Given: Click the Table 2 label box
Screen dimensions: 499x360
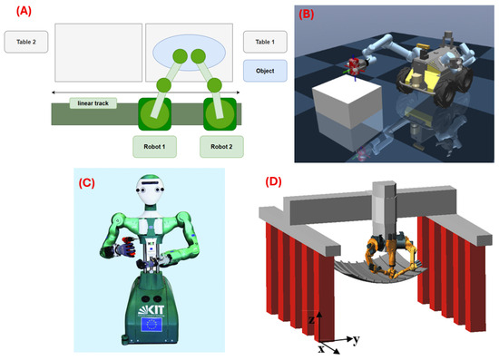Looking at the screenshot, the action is pos(26,42).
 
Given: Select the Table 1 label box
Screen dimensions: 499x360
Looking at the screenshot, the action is pos(265,42).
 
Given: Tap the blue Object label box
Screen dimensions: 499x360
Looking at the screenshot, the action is pos(265,71).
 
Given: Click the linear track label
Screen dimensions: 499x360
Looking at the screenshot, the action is pos(93,103).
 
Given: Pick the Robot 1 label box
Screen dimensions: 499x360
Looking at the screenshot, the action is pos(154,147).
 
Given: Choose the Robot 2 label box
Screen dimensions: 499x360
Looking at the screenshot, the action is pos(221,147).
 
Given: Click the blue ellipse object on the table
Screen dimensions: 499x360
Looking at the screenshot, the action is pos(189,53).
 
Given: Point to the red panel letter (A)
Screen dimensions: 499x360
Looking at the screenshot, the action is pos(24,11).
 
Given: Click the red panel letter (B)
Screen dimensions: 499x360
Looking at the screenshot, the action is pos(306,15).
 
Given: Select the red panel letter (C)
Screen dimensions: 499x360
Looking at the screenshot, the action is pos(86,183).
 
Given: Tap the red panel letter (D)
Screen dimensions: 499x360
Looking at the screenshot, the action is pos(273,181).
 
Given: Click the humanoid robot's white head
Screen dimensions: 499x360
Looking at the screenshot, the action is pos(150,189).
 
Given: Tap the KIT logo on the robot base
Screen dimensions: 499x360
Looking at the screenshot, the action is pos(152,310).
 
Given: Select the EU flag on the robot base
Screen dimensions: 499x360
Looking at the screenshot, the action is pos(152,325).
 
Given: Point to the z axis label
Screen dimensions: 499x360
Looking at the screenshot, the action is pos(311,319).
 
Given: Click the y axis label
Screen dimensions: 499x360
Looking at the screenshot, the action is pos(357,340).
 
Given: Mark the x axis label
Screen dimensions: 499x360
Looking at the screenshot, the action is pos(321,349).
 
